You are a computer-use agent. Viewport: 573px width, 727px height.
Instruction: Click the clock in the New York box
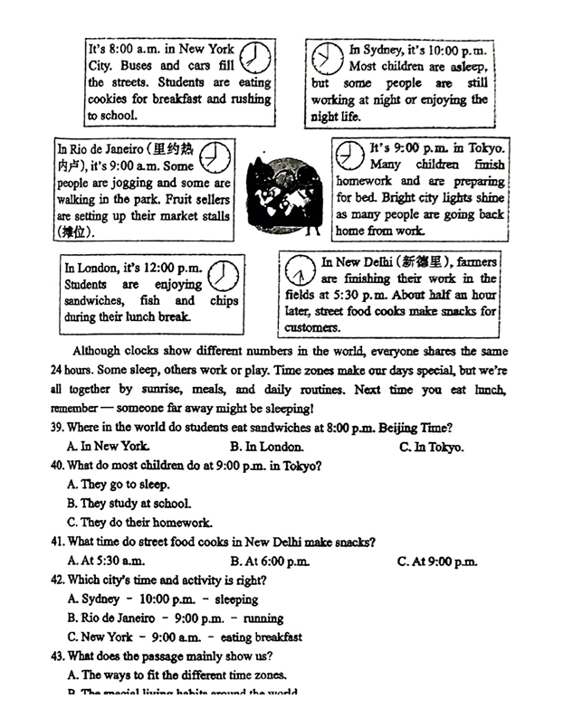tap(256, 57)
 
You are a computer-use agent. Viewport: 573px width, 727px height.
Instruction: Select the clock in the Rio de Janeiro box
tap(215, 156)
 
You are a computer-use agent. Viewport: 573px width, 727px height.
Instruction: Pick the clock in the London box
tap(223, 275)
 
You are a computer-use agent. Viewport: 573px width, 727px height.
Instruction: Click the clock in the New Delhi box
tap(300, 270)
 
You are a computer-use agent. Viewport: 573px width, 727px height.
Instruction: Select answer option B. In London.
tap(266, 447)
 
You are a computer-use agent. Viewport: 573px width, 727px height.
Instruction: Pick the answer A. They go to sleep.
tap(119, 485)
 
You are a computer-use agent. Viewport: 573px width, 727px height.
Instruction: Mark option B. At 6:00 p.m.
tap(269, 562)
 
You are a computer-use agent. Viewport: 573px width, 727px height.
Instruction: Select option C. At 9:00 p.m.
tap(436, 562)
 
